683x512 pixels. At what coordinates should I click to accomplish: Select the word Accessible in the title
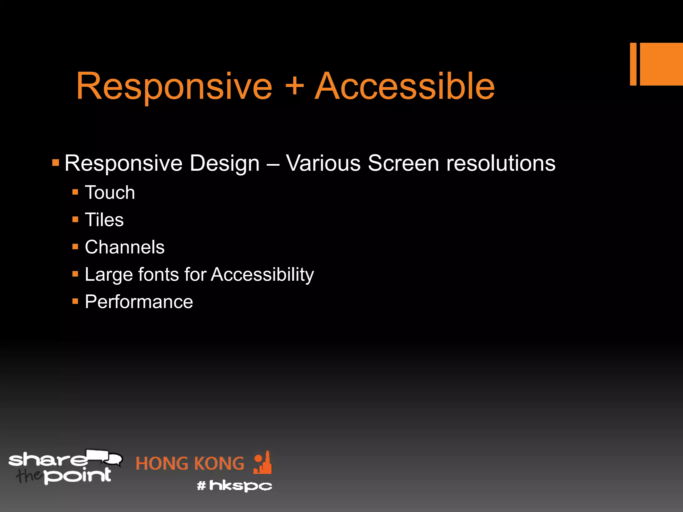[x=405, y=87]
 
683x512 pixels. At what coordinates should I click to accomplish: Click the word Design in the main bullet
[x=224, y=163]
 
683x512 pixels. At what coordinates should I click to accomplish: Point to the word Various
[x=323, y=163]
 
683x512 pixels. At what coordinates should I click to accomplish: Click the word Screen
[x=403, y=163]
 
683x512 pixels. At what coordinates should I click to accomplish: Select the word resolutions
[x=501, y=163]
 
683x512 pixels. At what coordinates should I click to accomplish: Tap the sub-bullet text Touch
[x=110, y=193]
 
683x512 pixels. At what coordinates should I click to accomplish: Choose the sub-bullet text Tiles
[x=104, y=220]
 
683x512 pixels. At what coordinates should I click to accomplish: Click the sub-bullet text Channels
[x=124, y=247]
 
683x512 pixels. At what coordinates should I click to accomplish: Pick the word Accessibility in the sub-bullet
[x=262, y=275]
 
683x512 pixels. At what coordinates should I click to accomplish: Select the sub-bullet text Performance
[x=139, y=302]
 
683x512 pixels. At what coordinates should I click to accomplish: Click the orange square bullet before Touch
[x=75, y=192]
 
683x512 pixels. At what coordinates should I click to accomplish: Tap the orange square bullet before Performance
[x=75, y=302]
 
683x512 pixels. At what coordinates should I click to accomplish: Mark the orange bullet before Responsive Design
[x=56, y=163]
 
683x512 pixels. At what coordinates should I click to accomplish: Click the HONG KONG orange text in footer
[x=190, y=464]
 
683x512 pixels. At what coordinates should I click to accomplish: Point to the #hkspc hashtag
[x=234, y=486]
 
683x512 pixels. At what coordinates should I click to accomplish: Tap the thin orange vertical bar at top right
[x=633, y=64]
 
